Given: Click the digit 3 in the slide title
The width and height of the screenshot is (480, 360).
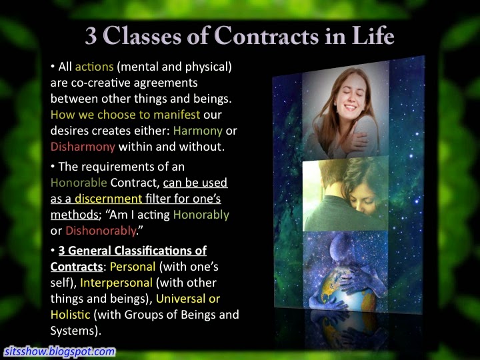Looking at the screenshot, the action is [x=91, y=36].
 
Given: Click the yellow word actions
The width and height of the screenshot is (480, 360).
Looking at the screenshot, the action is [x=94, y=67].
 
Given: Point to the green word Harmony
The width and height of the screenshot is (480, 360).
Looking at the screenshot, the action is [x=198, y=131].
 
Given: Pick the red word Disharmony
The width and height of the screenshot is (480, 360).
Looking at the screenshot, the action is [x=83, y=147].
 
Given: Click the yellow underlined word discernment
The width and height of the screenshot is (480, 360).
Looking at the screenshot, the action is [x=109, y=199].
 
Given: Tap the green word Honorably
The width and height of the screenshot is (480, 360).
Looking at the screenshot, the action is [x=201, y=215].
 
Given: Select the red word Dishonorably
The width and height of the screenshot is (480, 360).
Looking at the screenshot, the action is [x=101, y=231].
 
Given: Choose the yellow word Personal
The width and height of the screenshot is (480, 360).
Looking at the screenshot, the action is [x=133, y=267].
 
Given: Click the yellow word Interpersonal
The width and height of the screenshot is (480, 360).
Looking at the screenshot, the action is [x=116, y=283].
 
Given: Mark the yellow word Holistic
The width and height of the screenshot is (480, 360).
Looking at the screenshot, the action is [x=71, y=315].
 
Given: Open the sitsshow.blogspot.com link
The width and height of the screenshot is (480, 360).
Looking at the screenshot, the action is [x=60, y=351].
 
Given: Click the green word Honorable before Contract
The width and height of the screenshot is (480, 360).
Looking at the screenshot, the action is [x=79, y=183].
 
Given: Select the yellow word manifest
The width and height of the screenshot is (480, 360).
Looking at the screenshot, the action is [x=177, y=115].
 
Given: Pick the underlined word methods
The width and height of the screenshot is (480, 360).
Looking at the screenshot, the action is [x=75, y=215].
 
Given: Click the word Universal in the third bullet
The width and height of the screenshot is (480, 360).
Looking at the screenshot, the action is [x=181, y=299].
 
